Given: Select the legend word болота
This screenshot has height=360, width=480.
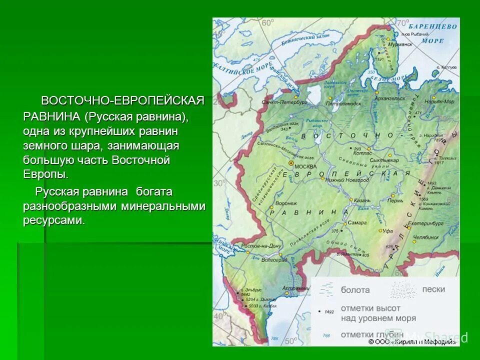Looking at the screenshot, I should [x=355, y=289].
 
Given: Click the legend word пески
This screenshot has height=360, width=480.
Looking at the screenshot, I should [x=433, y=289].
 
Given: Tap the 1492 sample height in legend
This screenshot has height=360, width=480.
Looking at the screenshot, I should [x=328, y=311].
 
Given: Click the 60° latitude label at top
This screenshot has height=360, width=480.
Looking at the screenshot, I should [x=268, y=22].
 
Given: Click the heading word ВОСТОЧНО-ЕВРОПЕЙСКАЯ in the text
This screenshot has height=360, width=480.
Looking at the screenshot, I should [x=122, y=100].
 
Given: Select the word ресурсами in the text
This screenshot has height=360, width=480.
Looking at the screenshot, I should [x=53, y=220].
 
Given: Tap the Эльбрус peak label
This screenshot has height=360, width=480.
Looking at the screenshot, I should [x=249, y=290].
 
